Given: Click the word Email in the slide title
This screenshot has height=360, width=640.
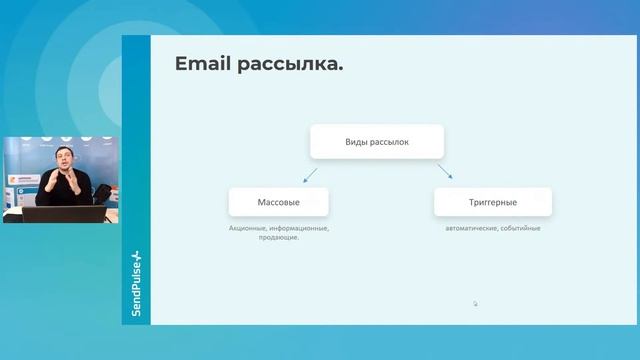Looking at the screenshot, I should [x=203, y=65].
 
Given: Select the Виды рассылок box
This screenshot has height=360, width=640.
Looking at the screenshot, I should [x=376, y=142].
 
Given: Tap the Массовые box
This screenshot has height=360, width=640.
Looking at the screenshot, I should [x=278, y=202].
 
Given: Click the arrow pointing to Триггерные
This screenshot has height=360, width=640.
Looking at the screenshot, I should [x=443, y=173].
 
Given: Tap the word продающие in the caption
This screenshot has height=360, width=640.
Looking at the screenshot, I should [x=278, y=238].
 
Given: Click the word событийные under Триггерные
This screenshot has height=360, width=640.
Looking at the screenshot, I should [x=519, y=228].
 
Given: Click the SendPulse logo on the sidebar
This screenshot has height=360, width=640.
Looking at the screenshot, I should [x=136, y=285].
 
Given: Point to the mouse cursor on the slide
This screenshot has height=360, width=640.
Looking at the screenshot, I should [x=475, y=303].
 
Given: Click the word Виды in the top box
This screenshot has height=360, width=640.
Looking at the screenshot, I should [x=358, y=142].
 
